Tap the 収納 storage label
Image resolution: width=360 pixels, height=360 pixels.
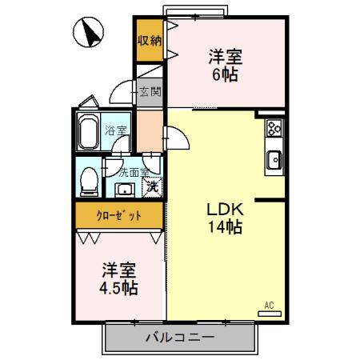[149, 41]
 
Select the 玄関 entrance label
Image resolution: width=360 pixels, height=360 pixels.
[150, 91]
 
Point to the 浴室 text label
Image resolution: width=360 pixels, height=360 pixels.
[116, 130]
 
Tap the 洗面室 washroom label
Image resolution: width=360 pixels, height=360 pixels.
[134, 171]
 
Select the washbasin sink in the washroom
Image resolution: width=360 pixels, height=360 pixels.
[125, 190]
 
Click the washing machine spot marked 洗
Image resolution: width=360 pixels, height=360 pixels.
[151, 187]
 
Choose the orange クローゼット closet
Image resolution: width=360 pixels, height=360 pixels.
[119, 215]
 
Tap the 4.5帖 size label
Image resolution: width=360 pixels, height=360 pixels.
[118, 287]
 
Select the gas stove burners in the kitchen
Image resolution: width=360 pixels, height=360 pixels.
[274, 127]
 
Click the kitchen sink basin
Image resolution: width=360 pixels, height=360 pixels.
[274, 160]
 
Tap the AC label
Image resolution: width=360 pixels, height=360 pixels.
[269, 305]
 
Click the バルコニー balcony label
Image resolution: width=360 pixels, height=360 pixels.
[179, 337]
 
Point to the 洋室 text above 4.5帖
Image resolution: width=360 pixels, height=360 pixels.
[118, 270]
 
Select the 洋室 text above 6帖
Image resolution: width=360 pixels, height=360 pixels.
[225, 58]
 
